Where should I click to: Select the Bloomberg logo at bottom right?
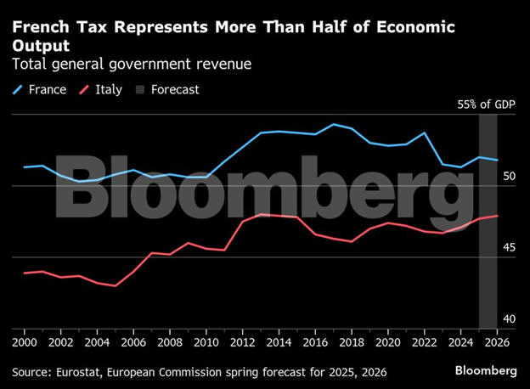click(485, 371)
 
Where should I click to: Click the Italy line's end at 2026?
click(498, 216)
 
